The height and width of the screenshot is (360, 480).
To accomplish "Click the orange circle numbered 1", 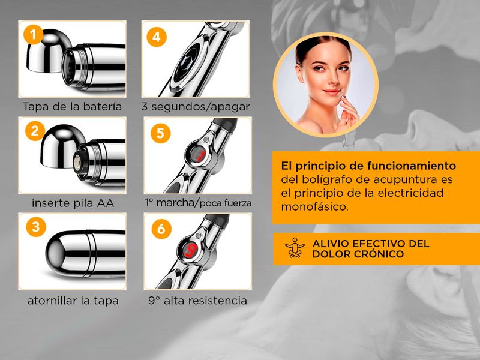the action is pyautogui.click(x=34, y=35).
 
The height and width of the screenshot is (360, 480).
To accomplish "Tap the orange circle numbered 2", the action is pyautogui.click(x=35, y=131).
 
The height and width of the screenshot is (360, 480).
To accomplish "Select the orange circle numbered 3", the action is pyautogui.click(x=36, y=227).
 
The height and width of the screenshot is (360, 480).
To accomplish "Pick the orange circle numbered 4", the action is pyautogui.click(x=157, y=37).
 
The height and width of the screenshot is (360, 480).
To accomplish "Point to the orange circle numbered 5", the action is pyautogui.click(x=160, y=133).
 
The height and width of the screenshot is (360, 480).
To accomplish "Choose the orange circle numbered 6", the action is pyautogui.click(x=161, y=229).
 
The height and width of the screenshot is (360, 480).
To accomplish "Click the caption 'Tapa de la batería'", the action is pyautogui.click(x=72, y=107).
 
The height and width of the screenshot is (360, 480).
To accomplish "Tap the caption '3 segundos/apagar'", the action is pyautogui.click(x=196, y=107).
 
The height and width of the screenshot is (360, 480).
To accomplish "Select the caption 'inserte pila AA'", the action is pyautogui.click(x=73, y=203).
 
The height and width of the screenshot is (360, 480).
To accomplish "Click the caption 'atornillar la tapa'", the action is pyautogui.click(x=73, y=301).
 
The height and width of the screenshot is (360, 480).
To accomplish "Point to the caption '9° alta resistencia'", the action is pyautogui.click(x=197, y=301).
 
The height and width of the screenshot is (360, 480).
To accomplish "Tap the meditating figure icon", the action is pyautogui.click(x=295, y=247).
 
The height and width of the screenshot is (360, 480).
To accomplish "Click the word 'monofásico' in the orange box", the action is pyautogui.click(x=315, y=206).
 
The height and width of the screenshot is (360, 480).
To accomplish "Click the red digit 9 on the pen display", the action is pyautogui.click(x=190, y=252).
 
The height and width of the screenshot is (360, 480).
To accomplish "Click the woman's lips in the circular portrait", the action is pyautogui.click(x=332, y=91).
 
